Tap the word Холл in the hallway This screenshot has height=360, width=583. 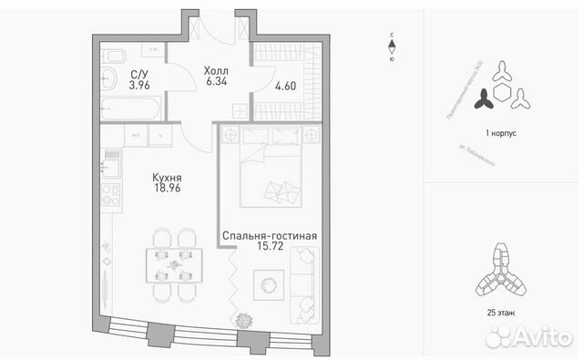(x=216, y=69)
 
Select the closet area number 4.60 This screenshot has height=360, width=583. (x=285, y=87)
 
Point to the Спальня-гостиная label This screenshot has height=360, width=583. (x=270, y=236)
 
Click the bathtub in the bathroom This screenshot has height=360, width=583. (x=129, y=111)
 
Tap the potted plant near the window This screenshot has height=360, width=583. (x=245, y=320)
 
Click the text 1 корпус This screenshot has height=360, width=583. (x=501, y=133)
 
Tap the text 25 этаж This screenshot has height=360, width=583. (x=501, y=313)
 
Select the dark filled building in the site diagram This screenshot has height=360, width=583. (x=484, y=91)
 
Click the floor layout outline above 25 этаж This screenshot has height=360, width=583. (x=500, y=274)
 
